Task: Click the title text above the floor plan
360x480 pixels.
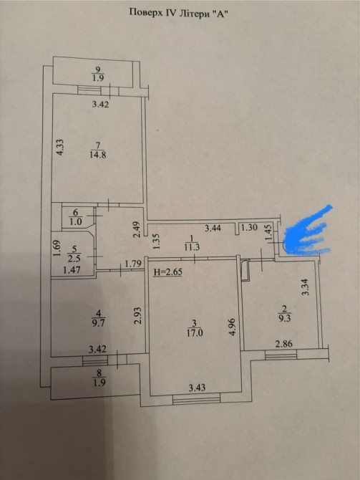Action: click(180, 13)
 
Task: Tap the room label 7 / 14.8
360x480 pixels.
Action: click(98, 150)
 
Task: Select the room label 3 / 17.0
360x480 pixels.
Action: click(195, 328)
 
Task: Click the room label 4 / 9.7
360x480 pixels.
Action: click(98, 318)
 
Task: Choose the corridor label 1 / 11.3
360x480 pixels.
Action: click(192, 243)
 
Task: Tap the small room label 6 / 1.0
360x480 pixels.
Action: click(76, 217)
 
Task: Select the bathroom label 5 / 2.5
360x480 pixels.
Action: click(74, 254)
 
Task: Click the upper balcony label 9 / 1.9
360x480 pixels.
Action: click(98, 74)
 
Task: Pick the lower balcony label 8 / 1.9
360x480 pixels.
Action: click(99, 378)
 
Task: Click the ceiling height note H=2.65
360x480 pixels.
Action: click(167, 272)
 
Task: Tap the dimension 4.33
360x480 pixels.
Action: click(60, 148)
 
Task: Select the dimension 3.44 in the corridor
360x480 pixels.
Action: click(213, 228)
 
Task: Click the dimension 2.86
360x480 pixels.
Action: click(283, 344)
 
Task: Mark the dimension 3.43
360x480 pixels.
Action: click(197, 388)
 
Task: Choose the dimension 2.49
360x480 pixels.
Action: click(137, 229)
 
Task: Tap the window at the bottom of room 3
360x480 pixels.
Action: click(196, 398)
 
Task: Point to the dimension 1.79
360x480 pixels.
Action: click(133, 263)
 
